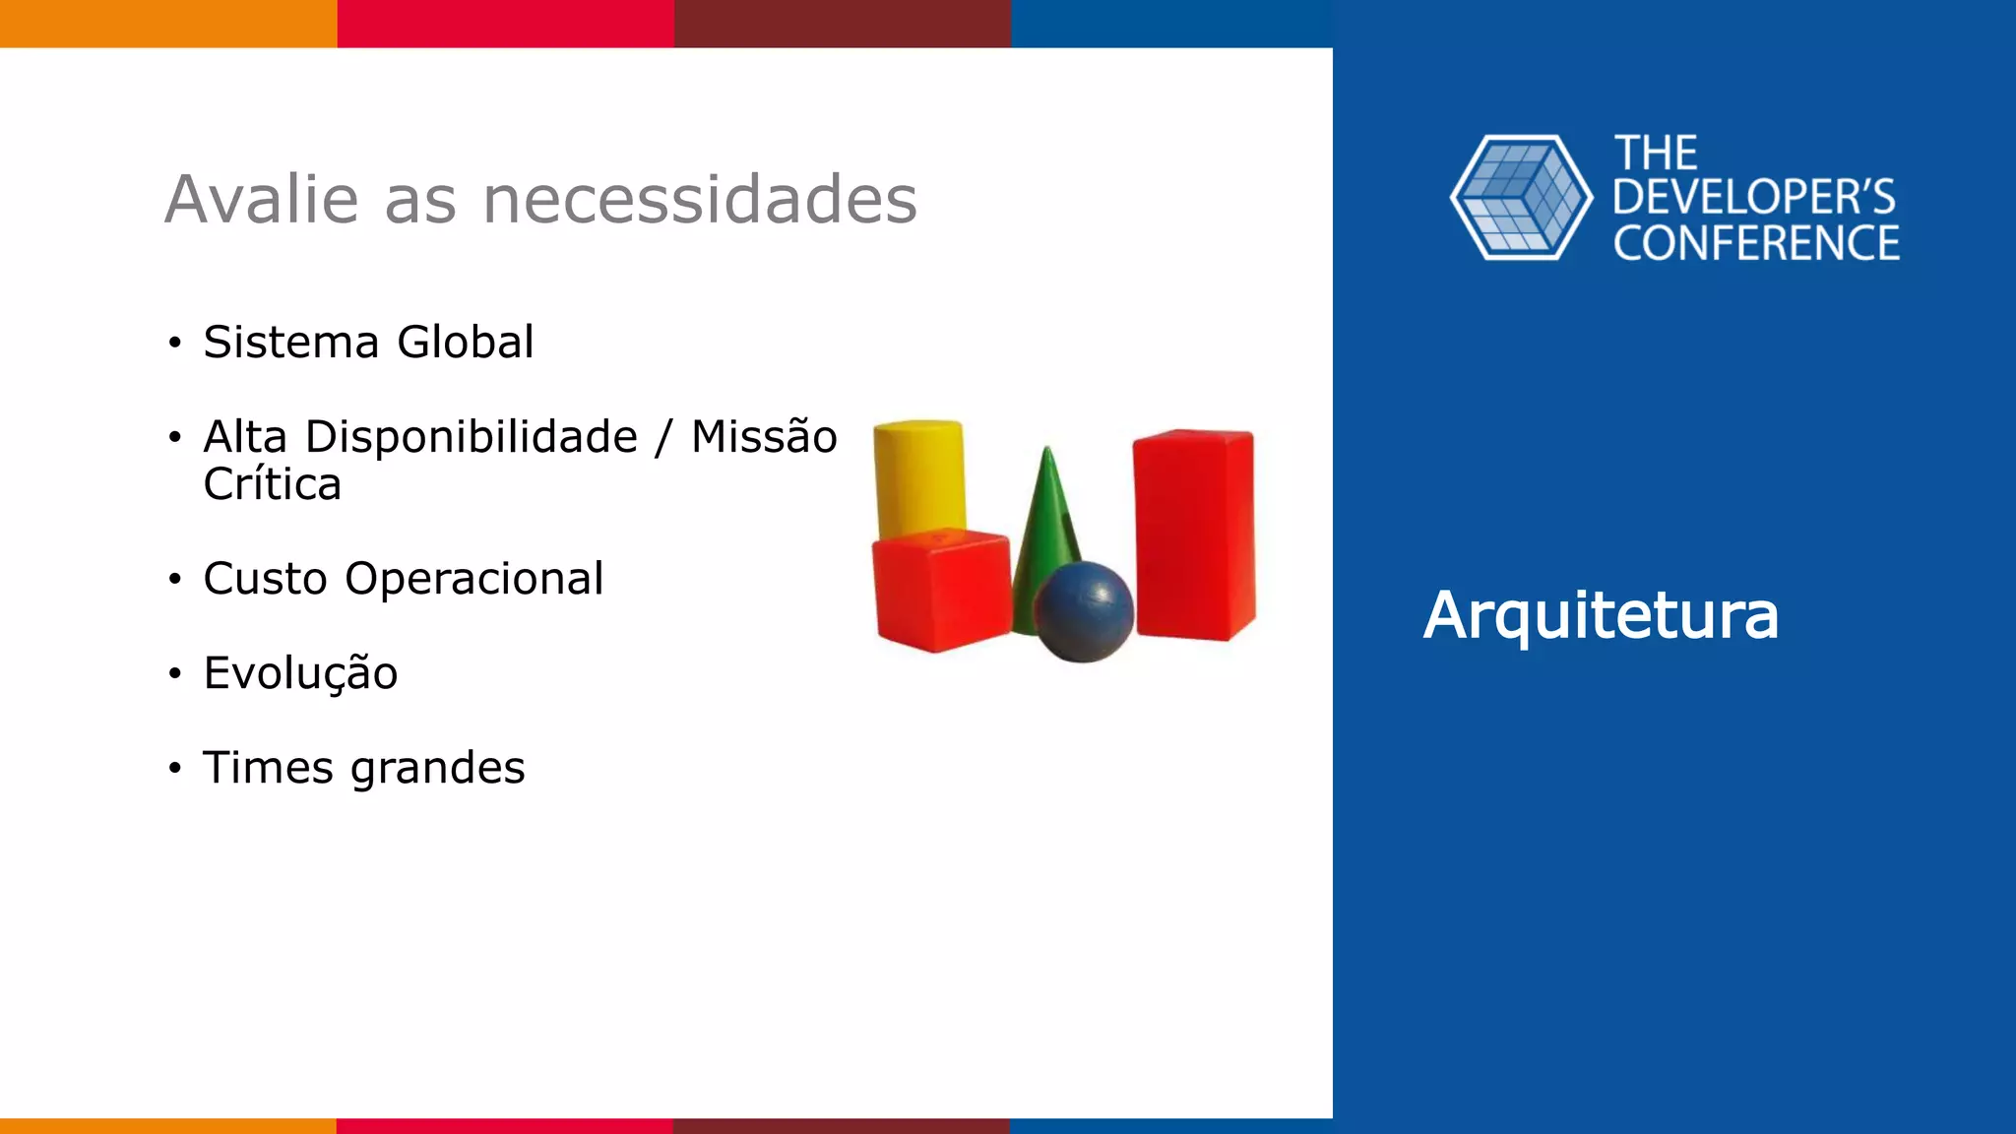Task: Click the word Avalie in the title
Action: [262, 200]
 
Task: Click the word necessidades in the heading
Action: [700, 200]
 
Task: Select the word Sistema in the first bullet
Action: [291, 343]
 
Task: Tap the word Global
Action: [466, 343]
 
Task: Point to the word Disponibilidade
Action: [472, 437]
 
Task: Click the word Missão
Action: [764, 437]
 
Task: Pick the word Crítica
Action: [273, 484]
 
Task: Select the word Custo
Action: [265, 579]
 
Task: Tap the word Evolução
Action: [300, 674]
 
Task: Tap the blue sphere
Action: [1084, 612]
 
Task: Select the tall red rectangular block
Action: [1194, 535]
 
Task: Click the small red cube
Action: [941, 591]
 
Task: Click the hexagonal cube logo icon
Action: [1521, 198]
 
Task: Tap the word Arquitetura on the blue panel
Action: [1601, 616]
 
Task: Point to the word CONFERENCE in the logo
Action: [1756, 244]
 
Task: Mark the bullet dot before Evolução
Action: [175, 674]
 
